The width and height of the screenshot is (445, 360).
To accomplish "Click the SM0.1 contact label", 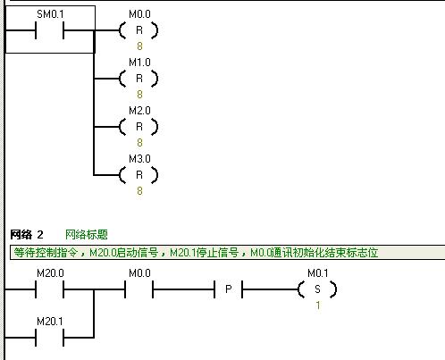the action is pos(50,14).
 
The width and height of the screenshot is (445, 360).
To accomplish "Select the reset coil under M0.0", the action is pos(139,30).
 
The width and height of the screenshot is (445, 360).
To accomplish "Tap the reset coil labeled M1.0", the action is pos(139,79).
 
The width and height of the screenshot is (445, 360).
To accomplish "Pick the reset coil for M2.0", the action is pos(139,127).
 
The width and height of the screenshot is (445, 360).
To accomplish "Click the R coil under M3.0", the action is pos(139,175).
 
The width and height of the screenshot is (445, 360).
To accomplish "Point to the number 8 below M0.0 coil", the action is pos(139,46).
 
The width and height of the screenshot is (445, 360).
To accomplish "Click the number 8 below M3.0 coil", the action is pos(139,191).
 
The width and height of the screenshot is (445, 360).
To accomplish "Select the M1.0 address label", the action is pos(139,63).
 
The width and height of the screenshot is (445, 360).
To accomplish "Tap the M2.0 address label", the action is pos(139,111).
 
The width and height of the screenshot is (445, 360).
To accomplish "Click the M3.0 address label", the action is pos(139,159).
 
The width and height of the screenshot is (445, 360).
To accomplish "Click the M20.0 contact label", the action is pos(50,273).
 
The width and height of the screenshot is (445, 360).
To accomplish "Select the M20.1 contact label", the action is pos(50,322).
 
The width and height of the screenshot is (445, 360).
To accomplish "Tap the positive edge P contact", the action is pos(228,289).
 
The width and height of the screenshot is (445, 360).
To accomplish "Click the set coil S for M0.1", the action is pos(317,289).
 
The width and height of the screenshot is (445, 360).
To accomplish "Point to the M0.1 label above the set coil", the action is pos(318,273).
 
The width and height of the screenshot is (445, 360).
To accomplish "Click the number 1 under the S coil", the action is pos(318,306).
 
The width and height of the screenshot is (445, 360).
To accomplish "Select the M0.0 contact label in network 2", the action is pos(139,273).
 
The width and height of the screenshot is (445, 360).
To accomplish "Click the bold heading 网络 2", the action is pos(27,235).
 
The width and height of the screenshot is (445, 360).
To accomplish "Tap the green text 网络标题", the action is pos(87,235).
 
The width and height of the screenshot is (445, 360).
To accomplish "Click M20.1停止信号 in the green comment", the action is pos(204,253).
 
